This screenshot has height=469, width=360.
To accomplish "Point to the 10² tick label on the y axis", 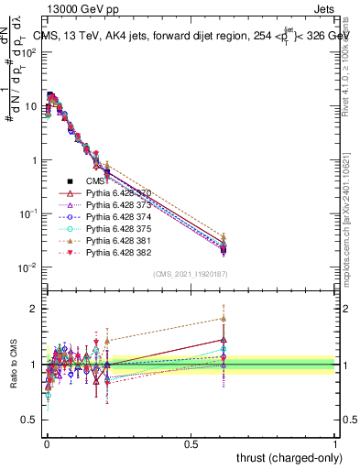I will (x=29, y=52).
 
